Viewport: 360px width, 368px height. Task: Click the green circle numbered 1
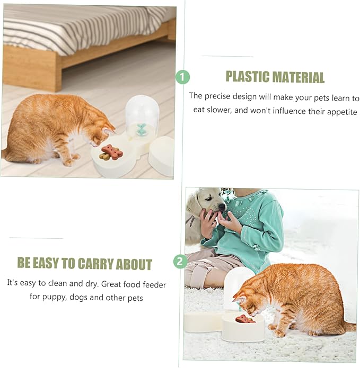coord(182,77)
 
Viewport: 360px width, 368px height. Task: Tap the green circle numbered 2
coord(181,261)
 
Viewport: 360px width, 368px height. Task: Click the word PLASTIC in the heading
coord(248,77)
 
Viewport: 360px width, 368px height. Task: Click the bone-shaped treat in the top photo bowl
coord(112,151)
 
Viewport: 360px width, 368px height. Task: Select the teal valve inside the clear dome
coord(141,129)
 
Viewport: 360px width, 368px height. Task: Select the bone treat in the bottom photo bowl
coord(245,319)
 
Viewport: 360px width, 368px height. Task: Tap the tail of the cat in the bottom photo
coord(347,326)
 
